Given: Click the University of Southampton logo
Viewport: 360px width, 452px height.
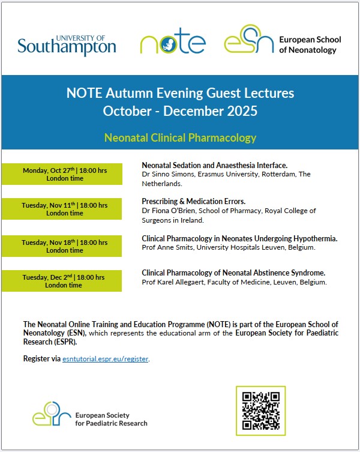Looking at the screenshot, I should [67, 43].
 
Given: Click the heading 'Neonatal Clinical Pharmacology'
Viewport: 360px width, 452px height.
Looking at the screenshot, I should [180, 137].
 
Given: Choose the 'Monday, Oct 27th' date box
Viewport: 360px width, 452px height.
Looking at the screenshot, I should [65, 174].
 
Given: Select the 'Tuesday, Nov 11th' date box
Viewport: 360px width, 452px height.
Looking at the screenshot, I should [65, 209].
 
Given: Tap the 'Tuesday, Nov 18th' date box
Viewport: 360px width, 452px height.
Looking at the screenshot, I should [65, 246].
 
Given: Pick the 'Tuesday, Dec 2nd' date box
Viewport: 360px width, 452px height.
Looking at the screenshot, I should [65, 281].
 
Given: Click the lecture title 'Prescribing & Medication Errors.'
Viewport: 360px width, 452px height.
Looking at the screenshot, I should [193, 202].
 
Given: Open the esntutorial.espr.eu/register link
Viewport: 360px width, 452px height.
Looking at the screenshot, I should [106, 359].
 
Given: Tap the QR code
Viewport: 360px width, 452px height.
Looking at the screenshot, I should [261, 411].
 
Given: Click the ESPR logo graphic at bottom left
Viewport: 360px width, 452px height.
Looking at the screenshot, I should [53, 414].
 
